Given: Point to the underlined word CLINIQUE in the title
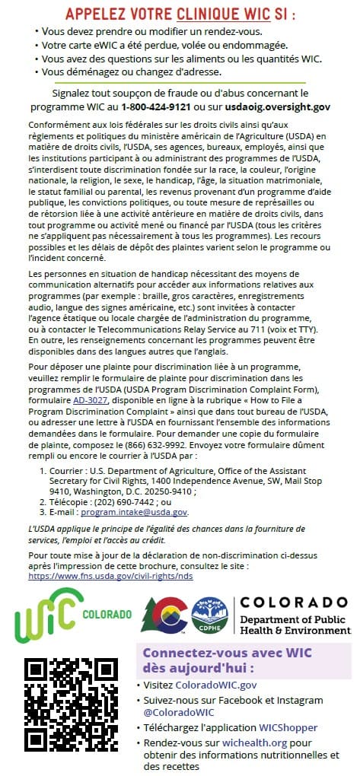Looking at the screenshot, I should pos(210,13).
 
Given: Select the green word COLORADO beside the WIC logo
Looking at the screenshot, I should pos(107,613).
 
